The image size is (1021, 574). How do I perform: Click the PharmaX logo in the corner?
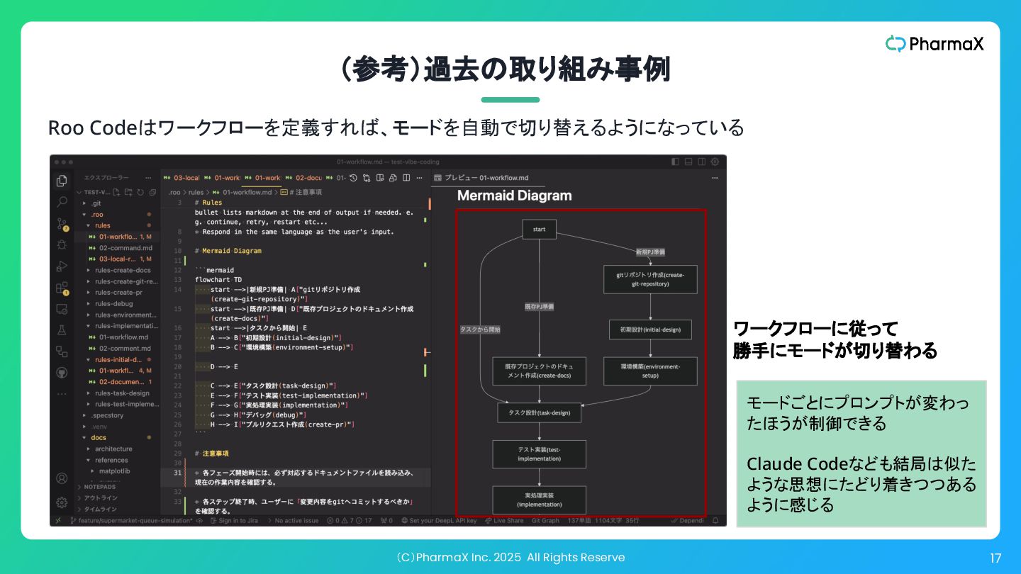pos(934,44)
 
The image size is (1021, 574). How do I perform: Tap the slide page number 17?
pos(995,558)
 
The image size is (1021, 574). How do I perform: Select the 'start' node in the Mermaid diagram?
pos(539,229)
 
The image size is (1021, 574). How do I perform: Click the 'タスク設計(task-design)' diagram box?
pos(540,412)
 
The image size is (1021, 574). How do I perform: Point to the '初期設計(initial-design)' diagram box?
pos(650,330)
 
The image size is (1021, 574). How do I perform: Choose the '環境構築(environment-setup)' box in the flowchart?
pos(650,371)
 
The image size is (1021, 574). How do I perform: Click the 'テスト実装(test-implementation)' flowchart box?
pos(540,454)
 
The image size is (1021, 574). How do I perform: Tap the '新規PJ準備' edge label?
pos(650,252)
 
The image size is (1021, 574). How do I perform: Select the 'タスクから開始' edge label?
pos(480,330)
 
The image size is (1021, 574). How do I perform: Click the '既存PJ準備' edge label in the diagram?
pos(540,307)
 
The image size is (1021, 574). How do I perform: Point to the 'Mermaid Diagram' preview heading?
pos(514,196)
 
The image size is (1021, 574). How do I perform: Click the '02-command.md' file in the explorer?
pos(125,248)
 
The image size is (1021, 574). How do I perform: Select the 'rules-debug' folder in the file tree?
pos(113,303)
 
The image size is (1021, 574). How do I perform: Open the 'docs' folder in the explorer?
pos(99,437)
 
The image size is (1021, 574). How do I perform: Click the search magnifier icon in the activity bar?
pos(62,202)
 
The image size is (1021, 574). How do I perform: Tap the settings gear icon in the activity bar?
pos(62,502)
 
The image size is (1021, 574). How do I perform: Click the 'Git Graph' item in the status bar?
pos(545,521)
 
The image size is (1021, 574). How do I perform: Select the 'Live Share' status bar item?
pos(508,521)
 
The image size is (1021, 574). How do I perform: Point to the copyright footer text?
pos(510,558)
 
